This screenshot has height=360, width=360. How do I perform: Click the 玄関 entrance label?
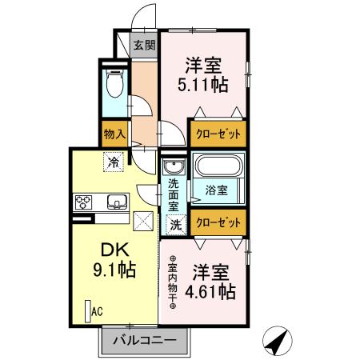(144, 45)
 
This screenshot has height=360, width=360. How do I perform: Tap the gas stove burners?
(84, 201)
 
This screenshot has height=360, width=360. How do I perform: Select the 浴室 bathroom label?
(218, 190)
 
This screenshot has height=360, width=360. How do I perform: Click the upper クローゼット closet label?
(218, 133)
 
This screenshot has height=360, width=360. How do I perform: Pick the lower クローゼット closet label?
(218, 223)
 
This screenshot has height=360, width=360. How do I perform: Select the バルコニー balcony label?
(143, 339)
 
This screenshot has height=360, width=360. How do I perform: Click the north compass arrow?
(276, 342)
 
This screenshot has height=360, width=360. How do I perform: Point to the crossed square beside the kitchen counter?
(143, 218)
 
